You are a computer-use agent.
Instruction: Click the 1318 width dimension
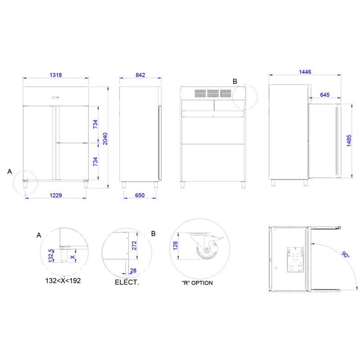pos(56,75)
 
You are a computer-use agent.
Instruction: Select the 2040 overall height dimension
pos(105,139)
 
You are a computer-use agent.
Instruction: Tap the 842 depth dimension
pos(140,75)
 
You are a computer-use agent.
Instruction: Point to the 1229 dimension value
pos(56,195)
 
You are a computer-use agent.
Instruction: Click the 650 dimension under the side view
pos(140,195)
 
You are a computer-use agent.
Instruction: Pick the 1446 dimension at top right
pos(305,72)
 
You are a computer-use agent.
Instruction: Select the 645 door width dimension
pos(324,94)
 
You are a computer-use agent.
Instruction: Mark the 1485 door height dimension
pos(349,141)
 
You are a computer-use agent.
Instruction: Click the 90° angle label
pos(346,255)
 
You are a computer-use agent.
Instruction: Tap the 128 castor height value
pos(175,246)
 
